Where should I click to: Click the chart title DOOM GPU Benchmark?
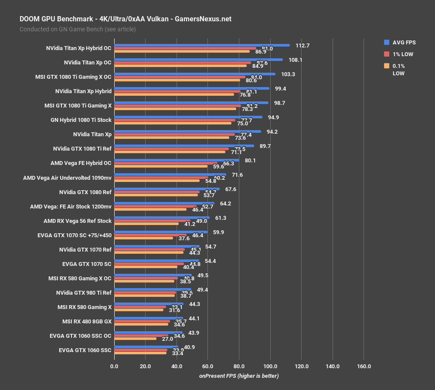pyautogui.click(x=126, y=19)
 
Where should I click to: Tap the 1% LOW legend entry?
pyautogui.click(x=398, y=54)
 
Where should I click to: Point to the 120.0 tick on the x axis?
pyautogui.click(x=302, y=366)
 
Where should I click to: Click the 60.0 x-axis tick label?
pyautogui.click(x=208, y=366)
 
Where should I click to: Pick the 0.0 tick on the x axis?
pyautogui.click(x=114, y=366)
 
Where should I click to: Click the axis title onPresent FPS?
pyautogui.click(x=239, y=376)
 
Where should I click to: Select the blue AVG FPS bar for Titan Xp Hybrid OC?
pyautogui.click(x=202, y=45)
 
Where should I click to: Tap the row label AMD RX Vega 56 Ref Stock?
pyautogui.click(x=78, y=221)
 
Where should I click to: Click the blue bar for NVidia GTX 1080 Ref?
pyautogui.click(x=167, y=189)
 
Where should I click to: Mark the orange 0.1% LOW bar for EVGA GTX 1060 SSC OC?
pyautogui.click(x=135, y=338)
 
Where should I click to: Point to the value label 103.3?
pyautogui.click(x=288, y=74)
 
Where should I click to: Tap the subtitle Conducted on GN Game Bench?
pyautogui.click(x=78, y=29)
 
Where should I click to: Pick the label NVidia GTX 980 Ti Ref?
pyautogui.click(x=84, y=292)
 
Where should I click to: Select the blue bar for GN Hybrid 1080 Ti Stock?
pyautogui.click(x=188, y=117)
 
